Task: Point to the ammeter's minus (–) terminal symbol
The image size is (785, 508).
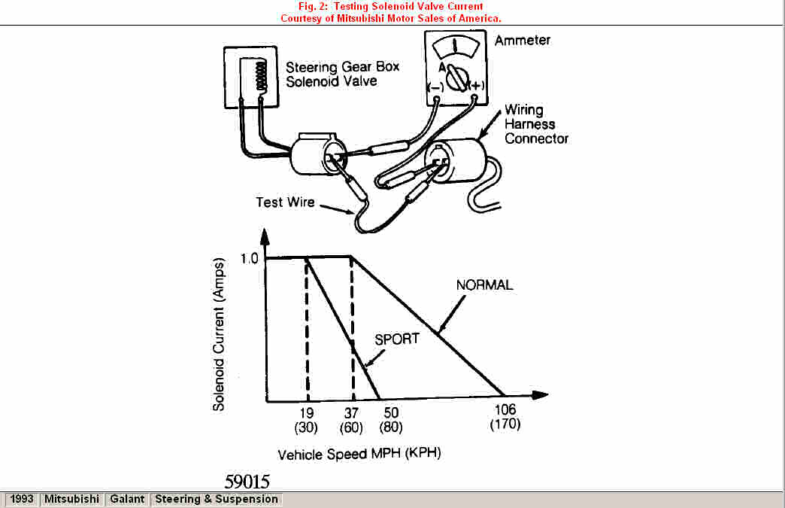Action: pos(435,87)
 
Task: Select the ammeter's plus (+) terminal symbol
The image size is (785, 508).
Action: pos(475,87)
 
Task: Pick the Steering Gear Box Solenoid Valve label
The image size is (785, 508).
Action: pos(342,74)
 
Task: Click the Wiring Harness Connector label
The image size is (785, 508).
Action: pos(536,124)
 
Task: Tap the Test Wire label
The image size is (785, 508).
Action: pos(285,202)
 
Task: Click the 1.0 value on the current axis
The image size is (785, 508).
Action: pos(250,258)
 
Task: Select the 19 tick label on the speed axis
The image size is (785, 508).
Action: pos(307,413)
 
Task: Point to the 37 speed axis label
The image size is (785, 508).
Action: pos(351,413)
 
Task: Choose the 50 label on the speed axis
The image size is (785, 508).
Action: pos(391,413)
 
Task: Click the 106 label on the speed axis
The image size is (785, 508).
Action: pos(505,410)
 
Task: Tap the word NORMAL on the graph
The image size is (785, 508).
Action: pos(484,285)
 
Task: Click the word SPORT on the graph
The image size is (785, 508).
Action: pos(396,339)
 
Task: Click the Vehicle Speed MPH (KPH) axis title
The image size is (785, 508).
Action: pos(359,455)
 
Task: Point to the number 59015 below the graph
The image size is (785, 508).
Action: pos(247,482)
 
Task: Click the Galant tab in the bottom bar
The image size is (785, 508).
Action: pos(126,499)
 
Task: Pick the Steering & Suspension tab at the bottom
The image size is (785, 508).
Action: pos(217,499)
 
